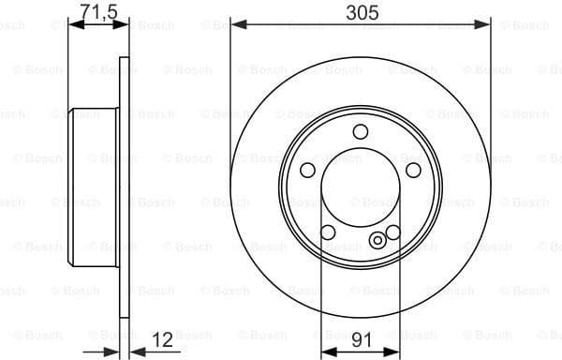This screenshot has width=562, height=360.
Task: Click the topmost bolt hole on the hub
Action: click(x=361, y=133)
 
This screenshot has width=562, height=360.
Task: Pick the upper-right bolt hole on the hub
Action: click(x=413, y=170)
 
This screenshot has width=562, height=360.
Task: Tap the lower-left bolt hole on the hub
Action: click(x=327, y=232)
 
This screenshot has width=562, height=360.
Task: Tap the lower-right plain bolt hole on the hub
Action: click(x=393, y=232)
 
